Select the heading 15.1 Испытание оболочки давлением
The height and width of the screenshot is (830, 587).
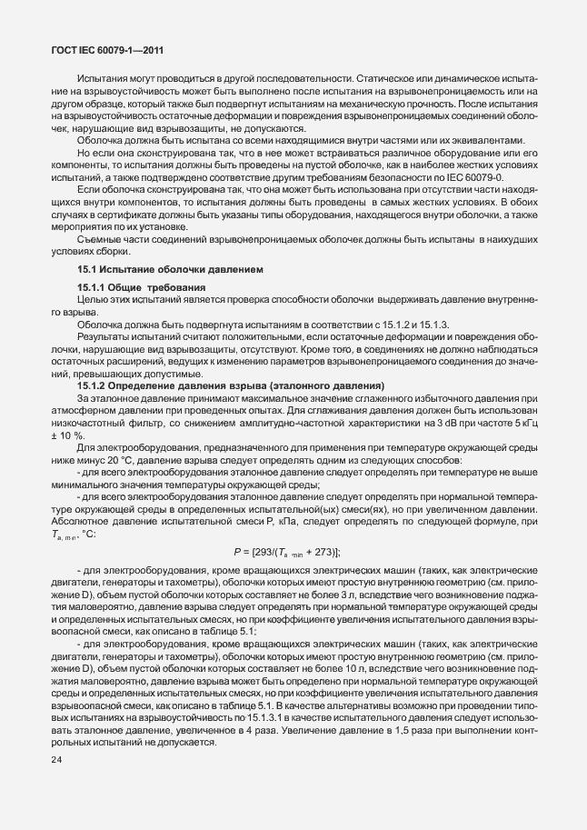171,270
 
